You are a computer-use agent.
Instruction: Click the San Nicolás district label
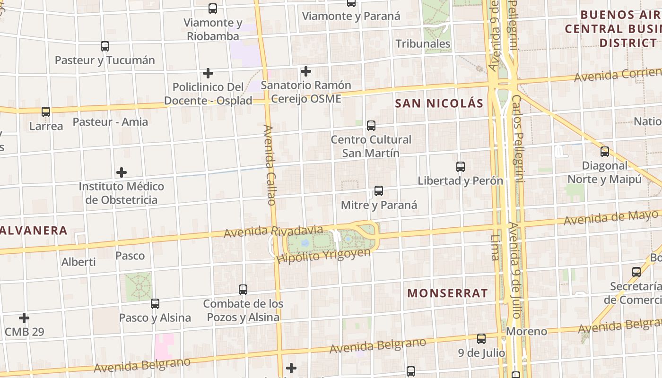(439, 103)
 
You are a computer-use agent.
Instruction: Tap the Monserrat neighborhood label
(447, 293)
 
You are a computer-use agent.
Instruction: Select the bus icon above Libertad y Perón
(461, 167)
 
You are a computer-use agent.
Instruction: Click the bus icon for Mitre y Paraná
(379, 191)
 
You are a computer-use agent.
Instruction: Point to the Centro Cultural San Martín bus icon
(371, 126)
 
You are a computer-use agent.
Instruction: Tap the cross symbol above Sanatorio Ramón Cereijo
(306, 71)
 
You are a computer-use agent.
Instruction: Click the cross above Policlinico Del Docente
(208, 73)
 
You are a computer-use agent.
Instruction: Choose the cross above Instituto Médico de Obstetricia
(122, 172)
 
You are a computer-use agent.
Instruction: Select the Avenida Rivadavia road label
(273, 232)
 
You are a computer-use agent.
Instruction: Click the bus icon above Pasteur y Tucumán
(105, 46)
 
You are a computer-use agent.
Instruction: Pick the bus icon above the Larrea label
(46, 112)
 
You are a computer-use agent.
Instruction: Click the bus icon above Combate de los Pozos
(243, 289)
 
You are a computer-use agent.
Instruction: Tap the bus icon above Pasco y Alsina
(155, 303)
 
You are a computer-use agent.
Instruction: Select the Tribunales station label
(423, 44)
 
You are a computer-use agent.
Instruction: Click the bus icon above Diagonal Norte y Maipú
(605, 152)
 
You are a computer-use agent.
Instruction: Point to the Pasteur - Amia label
(110, 122)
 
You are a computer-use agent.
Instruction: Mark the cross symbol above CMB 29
(24, 318)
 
